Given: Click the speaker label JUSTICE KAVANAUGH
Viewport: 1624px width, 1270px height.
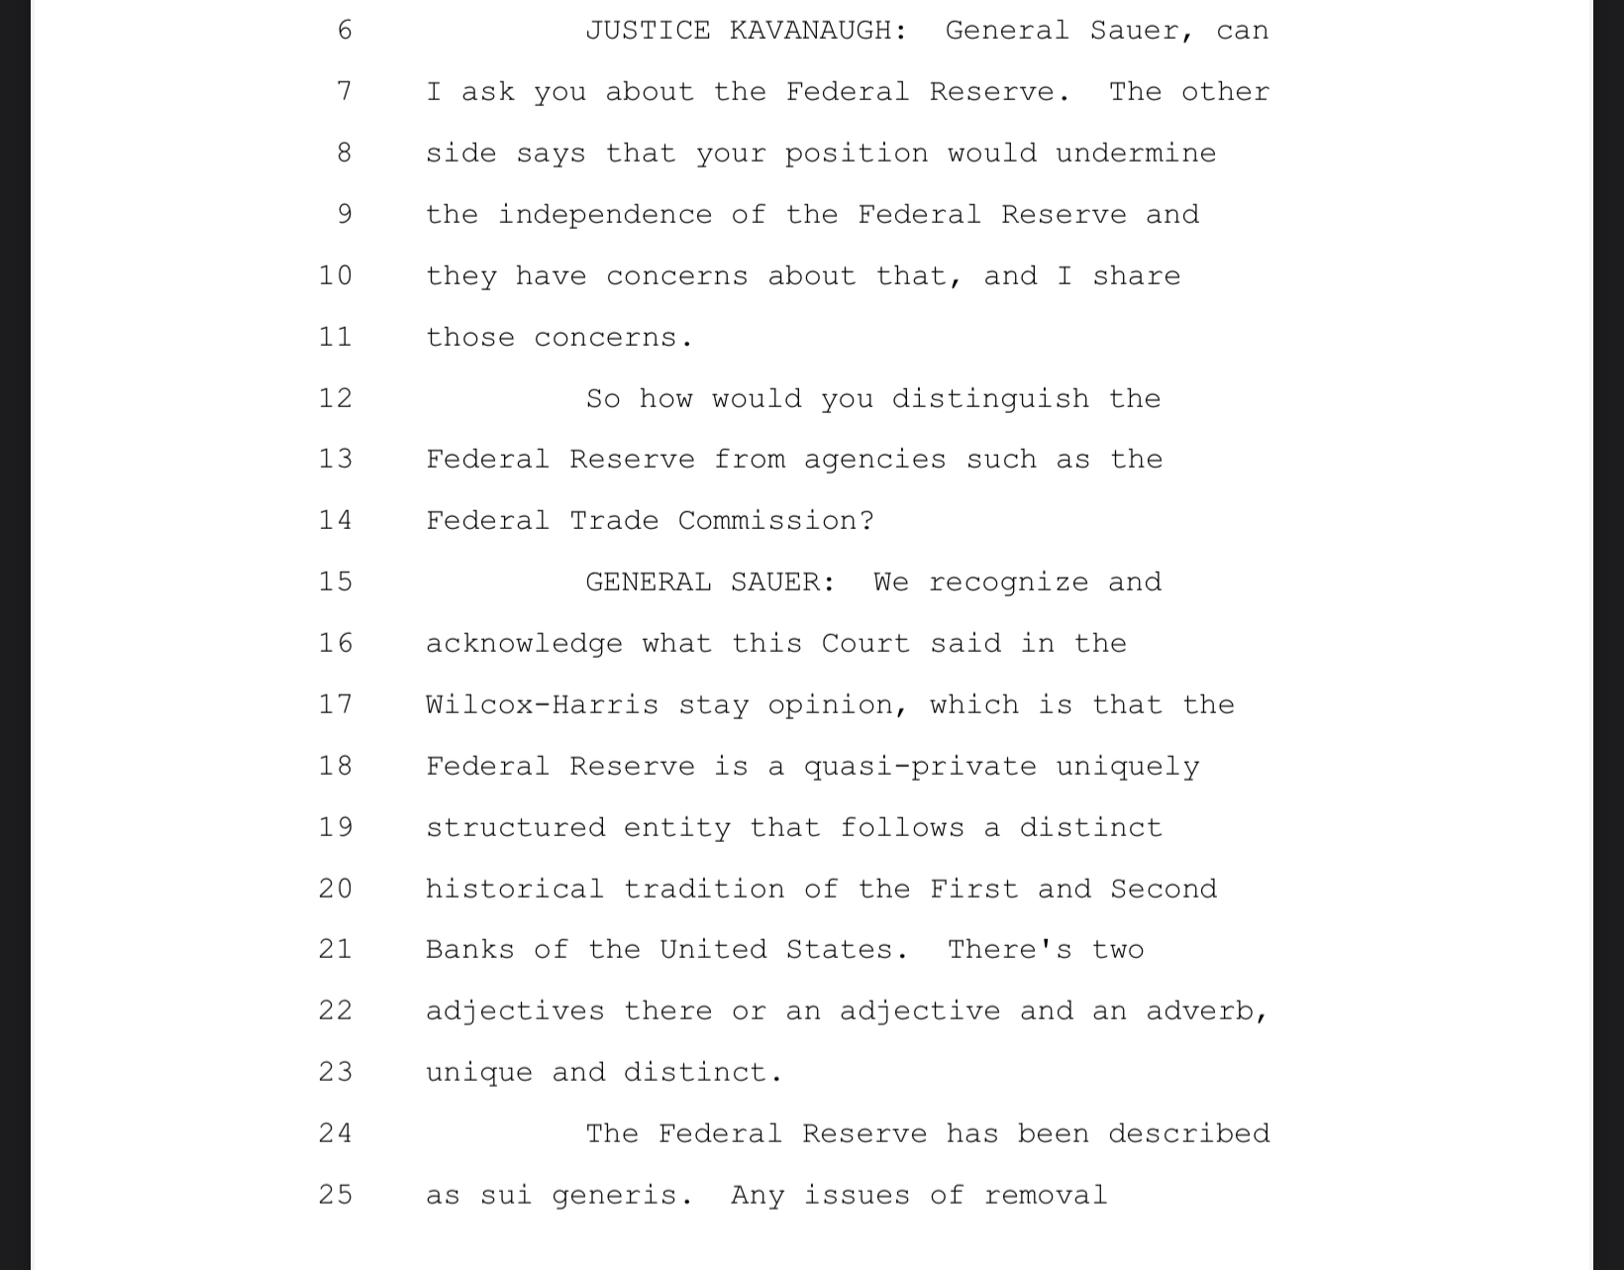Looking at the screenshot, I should tap(746, 31).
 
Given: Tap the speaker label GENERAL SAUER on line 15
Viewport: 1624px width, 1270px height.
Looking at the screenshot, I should tap(710, 582).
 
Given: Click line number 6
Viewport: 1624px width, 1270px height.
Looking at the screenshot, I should tap(345, 31).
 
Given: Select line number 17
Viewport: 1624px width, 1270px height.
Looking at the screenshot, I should tap(336, 704).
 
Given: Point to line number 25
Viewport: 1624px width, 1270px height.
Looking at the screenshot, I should tap(336, 1195).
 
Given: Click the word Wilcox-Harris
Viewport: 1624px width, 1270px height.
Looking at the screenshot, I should tap(542, 704).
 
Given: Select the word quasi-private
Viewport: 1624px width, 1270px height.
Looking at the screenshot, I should tap(920, 766).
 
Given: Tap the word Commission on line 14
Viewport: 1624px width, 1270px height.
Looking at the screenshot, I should tap(775, 520).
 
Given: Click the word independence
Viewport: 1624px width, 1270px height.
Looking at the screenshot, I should tap(604, 215).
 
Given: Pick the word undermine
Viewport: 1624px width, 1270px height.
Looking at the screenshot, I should tap(1136, 154).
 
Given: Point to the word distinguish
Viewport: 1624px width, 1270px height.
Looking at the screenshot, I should tap(990, 398).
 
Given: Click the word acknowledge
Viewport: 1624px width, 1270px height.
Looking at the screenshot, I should tap(524, 643).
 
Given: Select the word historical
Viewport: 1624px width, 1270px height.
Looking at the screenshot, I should tap(514, 889).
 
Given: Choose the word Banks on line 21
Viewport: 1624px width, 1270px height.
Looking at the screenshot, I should tap(469, 949).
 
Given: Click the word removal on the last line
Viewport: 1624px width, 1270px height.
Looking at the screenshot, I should tap(1045, 1195).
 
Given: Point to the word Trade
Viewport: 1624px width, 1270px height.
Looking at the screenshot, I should tap(613, 520).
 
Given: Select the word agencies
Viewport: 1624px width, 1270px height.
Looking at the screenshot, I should tap(874, 460).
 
